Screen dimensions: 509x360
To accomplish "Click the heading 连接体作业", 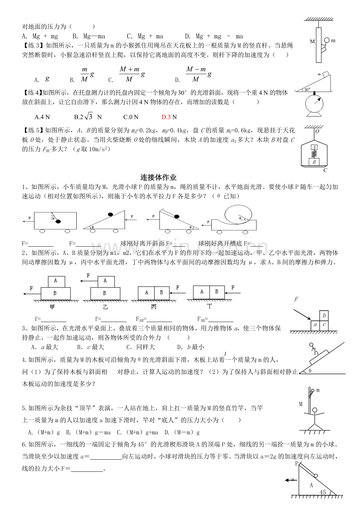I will tap(158, 177).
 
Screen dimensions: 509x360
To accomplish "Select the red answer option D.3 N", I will tap(169, 116).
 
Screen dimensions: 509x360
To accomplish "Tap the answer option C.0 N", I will tap(131, 116).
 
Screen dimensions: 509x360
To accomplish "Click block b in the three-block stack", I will tap(324, 315).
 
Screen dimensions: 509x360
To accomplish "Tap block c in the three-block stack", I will tap(324, 325).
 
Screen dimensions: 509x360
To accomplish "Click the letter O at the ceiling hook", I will tap(317, 131).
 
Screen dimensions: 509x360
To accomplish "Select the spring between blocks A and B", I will tap(314, 154).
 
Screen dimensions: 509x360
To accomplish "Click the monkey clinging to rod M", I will tap(324, 44).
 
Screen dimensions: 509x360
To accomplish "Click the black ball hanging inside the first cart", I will tap(58, 222).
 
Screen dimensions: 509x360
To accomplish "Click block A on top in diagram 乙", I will tap(105, 280).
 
